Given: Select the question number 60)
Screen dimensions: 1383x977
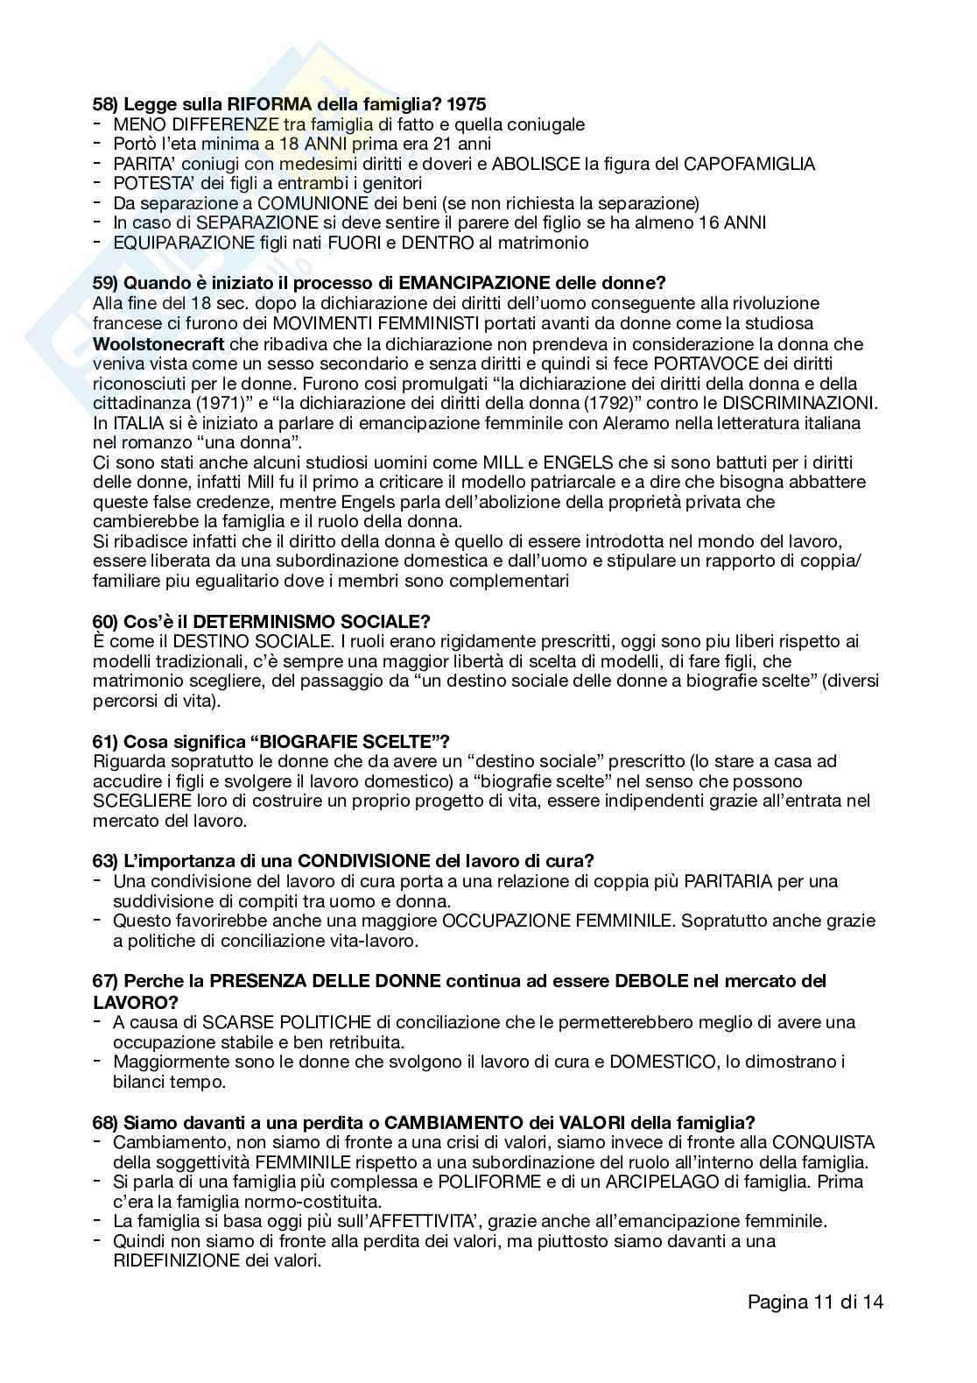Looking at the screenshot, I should [106, 621].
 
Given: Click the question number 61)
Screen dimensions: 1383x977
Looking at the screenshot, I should [106, 742].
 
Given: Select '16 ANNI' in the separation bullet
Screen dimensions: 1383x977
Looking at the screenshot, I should [732, 222].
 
